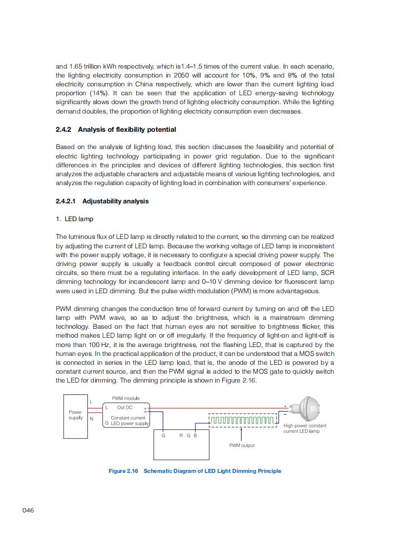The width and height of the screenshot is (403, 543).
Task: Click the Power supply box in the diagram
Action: [x=75, y=416]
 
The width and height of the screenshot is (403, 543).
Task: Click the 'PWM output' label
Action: [x=242, y=445]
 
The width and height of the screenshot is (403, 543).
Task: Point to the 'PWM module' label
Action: [x=125, y=398]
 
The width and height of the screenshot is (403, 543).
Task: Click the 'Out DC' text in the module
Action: [x=124, y=407]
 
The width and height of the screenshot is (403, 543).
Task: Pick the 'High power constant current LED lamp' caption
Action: [x=305, y=428]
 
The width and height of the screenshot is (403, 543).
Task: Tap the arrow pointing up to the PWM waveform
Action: [x=241, y=433]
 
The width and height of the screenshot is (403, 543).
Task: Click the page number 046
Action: [x=28, y=510]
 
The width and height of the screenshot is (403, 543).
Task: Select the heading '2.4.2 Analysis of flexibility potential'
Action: [x=116, y=129]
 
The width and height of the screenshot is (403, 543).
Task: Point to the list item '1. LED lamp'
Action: [x=75, y=219]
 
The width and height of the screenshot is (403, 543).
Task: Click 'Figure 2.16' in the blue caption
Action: [x=123, y=471]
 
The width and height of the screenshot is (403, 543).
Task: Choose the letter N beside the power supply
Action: [x=91, y=419]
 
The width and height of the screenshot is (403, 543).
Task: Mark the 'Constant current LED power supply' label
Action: [x=127, y=421]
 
